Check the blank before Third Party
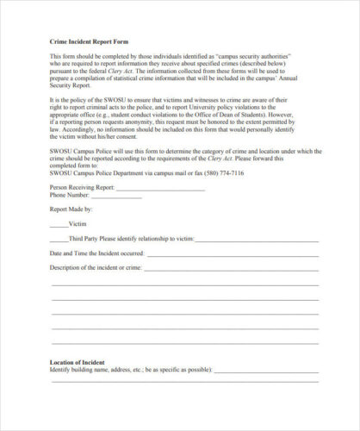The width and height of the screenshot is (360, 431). coord(59,238)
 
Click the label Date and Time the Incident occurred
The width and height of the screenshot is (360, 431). coord(96,253)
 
